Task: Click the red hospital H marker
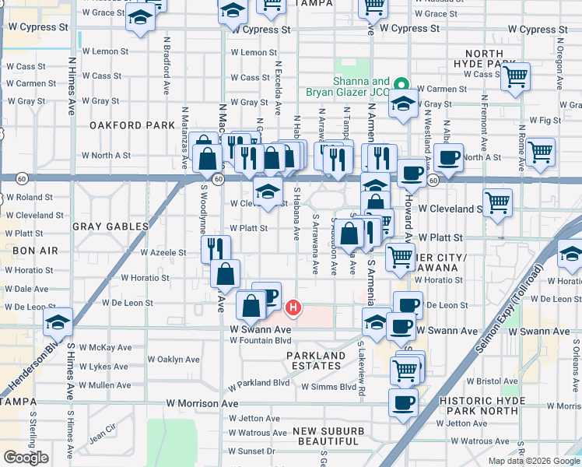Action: [293, 308]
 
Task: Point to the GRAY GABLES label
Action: [110, 226]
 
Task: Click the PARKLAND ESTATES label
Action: [316, 361]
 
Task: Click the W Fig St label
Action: [545, 121]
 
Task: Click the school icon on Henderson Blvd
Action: [58, 321]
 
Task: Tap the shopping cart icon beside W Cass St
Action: [515, 76]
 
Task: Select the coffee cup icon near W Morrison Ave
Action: [403, 402]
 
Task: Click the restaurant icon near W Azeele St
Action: [216, 248]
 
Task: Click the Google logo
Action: [26, 458]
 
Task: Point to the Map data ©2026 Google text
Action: [534, 461]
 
